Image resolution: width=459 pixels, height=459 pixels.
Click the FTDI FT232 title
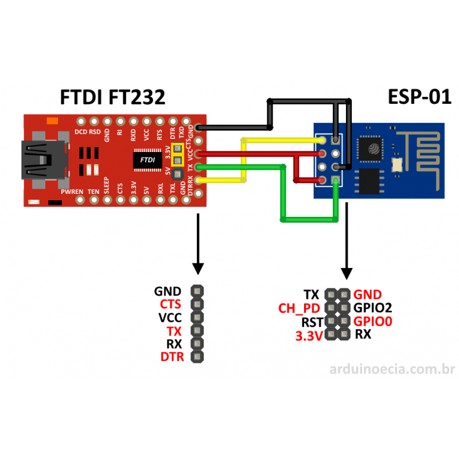pyautogui.click(x=112, y=97)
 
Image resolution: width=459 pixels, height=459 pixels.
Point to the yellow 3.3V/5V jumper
pyautogui.click(x=177, y=154)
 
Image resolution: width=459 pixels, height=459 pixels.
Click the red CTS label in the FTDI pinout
pyautogui.click(x=170, y=304)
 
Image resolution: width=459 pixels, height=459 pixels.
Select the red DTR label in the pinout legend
pyautogui.click(x=170, y=357)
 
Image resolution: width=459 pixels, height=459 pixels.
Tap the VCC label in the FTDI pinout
pyautogui.click(x=170, y=317)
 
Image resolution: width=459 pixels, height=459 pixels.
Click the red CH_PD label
pyautogui.click(x=298, y=308)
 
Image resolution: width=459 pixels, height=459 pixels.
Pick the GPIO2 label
pyautogui.click(x=373, y=308)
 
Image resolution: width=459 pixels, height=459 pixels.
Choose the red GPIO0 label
pyautogui.click(x=373, y=321)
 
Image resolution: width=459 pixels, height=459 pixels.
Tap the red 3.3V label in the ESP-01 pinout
pyautogui.click(x=309, y=336)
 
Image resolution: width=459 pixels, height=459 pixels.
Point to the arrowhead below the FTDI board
pyautogui.click(x=198, y=269)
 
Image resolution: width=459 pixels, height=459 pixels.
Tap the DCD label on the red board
pyautogui.click(x=81, y=131)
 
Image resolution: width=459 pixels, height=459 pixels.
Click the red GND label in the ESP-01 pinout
pyautogui.click(x=368, y=295)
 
